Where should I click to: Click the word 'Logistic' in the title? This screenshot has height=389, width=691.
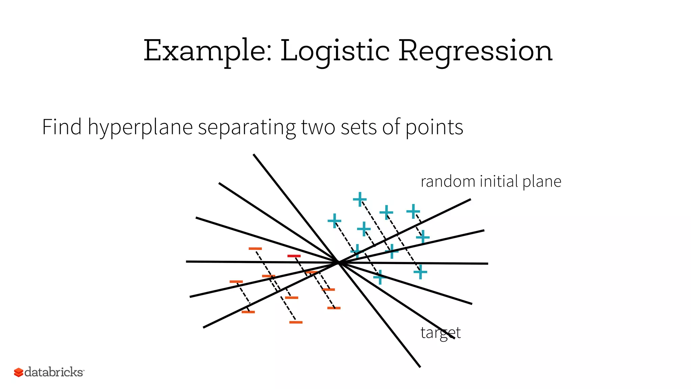335,51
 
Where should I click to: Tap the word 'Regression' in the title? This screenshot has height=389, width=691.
475,51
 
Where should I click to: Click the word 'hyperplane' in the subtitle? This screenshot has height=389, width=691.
140,128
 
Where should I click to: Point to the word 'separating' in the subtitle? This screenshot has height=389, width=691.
247,128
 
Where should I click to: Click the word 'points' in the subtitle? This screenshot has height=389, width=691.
434,127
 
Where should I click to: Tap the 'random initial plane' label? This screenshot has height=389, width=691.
491,182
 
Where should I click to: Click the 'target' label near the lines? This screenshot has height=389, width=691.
440,333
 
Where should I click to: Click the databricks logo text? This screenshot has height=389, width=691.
54,372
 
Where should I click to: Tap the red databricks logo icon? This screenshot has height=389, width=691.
18,372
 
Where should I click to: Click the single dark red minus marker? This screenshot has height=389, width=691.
294,256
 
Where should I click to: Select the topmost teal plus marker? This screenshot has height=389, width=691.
360,199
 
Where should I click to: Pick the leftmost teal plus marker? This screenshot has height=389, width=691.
334,221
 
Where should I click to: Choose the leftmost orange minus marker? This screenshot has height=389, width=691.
236,282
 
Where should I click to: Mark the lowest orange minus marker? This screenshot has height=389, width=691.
296,322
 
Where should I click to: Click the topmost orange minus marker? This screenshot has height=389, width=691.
255,249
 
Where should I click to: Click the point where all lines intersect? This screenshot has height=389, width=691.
338,262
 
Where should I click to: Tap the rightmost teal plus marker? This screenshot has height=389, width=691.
423,237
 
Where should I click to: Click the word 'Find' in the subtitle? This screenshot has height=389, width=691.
62,127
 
